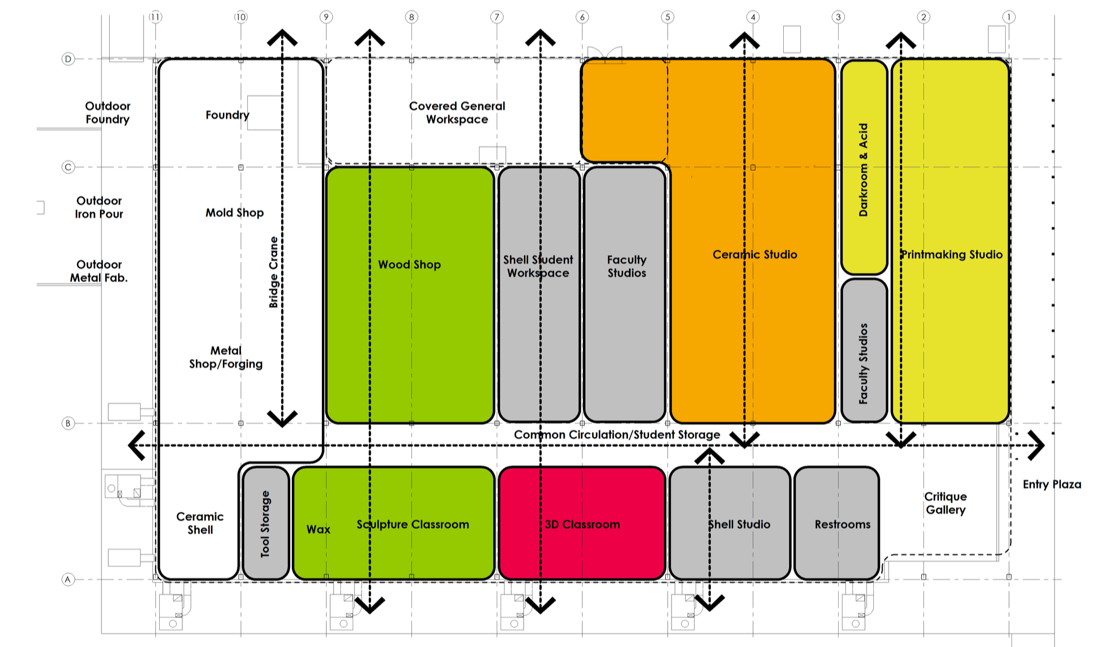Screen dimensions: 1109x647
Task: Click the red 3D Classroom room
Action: click(582, 523)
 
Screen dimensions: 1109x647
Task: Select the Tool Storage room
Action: click(265, 523)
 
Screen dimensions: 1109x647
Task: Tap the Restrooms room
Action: click(837, 523)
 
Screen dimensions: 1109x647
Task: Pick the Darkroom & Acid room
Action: click(864, 167)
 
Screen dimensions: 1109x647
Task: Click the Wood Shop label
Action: click(410, 265)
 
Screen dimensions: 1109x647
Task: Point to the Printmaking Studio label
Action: click(952, 254)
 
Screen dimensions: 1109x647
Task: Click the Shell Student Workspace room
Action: click(539, 295)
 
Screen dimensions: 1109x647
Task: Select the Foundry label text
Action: click(227, 115)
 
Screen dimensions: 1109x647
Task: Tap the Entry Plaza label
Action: click(1052, 484)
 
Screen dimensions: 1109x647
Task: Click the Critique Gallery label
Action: click(945, 503)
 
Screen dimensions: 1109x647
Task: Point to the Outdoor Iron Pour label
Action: click(99, 207)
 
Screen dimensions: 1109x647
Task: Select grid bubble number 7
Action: click(497, 17)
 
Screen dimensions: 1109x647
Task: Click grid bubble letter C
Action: click(68, 167)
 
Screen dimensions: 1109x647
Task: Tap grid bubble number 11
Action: click(155, 17)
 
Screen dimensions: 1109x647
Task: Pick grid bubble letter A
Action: click(68, 579)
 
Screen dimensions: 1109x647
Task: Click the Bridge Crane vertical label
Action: click(273, 272)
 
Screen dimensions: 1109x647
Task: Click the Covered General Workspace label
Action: click(457, 113)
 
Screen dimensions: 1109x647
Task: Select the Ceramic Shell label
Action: click(200, 523)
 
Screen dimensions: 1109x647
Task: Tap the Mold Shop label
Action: click(235, 213)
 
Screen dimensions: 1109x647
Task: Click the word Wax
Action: click(318, 529)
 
